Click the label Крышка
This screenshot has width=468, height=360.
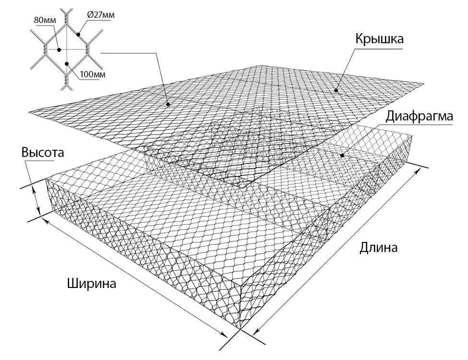(379, 39)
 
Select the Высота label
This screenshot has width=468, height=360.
(42, 153)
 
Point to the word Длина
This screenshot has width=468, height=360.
(379, 248)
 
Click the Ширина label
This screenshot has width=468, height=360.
(92, 283)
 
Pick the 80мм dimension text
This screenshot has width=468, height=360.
(45, 20)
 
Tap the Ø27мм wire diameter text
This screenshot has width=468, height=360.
(101, 15)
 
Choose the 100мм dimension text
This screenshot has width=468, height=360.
(93, 74)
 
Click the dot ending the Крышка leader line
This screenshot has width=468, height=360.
(336, 90)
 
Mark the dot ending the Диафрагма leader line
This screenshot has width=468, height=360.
(342, 156)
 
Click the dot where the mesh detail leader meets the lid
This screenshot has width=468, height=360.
(168, 104)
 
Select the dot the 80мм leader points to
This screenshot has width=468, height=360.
(58, 49)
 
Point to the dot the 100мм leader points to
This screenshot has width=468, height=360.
(67, 63)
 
